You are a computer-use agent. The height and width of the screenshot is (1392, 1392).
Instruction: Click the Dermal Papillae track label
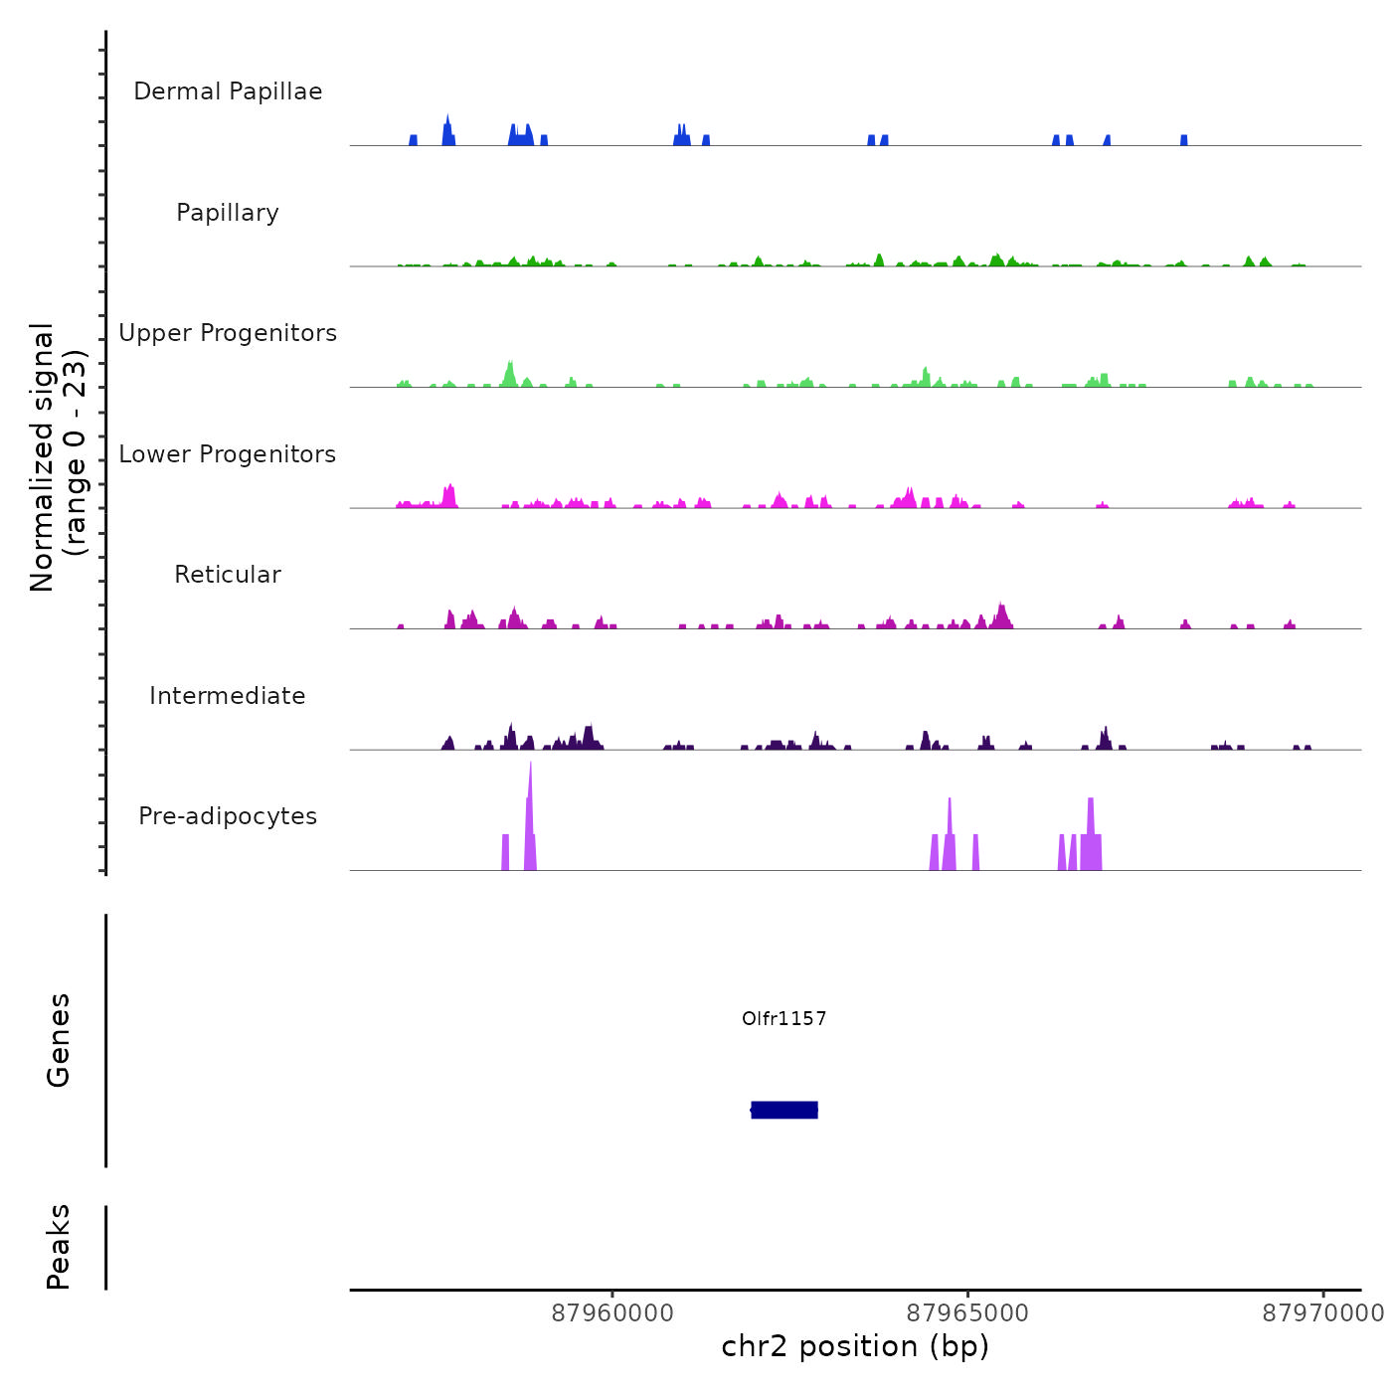(228, 91)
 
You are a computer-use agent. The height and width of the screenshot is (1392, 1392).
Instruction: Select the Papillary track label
(228, 213)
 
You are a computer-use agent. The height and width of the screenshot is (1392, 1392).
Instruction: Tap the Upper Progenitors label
(228, 333)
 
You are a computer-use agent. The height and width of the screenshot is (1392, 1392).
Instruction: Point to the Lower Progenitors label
(228, 454)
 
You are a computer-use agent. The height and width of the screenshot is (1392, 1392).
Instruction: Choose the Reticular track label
(228, 575)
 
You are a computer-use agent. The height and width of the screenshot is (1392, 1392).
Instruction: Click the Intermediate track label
(228, 696)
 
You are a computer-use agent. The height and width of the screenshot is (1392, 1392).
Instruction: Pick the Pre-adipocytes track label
(228, 816)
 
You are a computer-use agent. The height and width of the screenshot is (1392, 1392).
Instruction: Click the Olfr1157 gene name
(783, 1018)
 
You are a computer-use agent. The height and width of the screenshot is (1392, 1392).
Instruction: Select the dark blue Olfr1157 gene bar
(784, 1110)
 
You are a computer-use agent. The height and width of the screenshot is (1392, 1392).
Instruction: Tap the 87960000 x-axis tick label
(612, 1313)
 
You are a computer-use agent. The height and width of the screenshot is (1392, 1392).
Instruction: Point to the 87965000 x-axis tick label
(967, 1313)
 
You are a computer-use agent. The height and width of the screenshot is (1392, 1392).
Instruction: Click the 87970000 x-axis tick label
(1322, 1313)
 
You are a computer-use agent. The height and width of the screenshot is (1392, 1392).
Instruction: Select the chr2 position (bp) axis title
(855, 1346)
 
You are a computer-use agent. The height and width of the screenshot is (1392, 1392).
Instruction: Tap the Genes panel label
(59, 1040)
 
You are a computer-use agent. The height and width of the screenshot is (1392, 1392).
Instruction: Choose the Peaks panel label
(59, 1247)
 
